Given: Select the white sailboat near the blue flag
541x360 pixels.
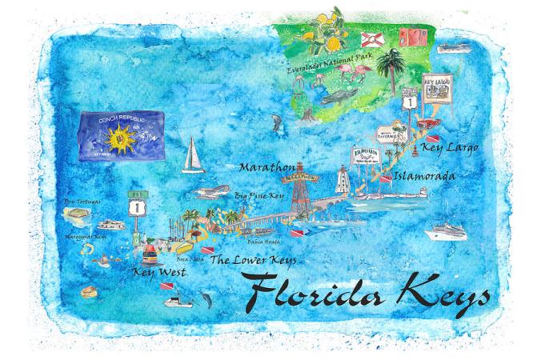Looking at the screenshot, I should pos(192,156).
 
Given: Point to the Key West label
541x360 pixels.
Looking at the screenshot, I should pos(158,273).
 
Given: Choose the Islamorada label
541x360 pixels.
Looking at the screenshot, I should pos(424,175).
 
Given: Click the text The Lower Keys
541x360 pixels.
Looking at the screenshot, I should pos(253,260).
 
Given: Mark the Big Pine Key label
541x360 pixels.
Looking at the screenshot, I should pos(261,194).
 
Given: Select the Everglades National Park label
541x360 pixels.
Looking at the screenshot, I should pos(329,58).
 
